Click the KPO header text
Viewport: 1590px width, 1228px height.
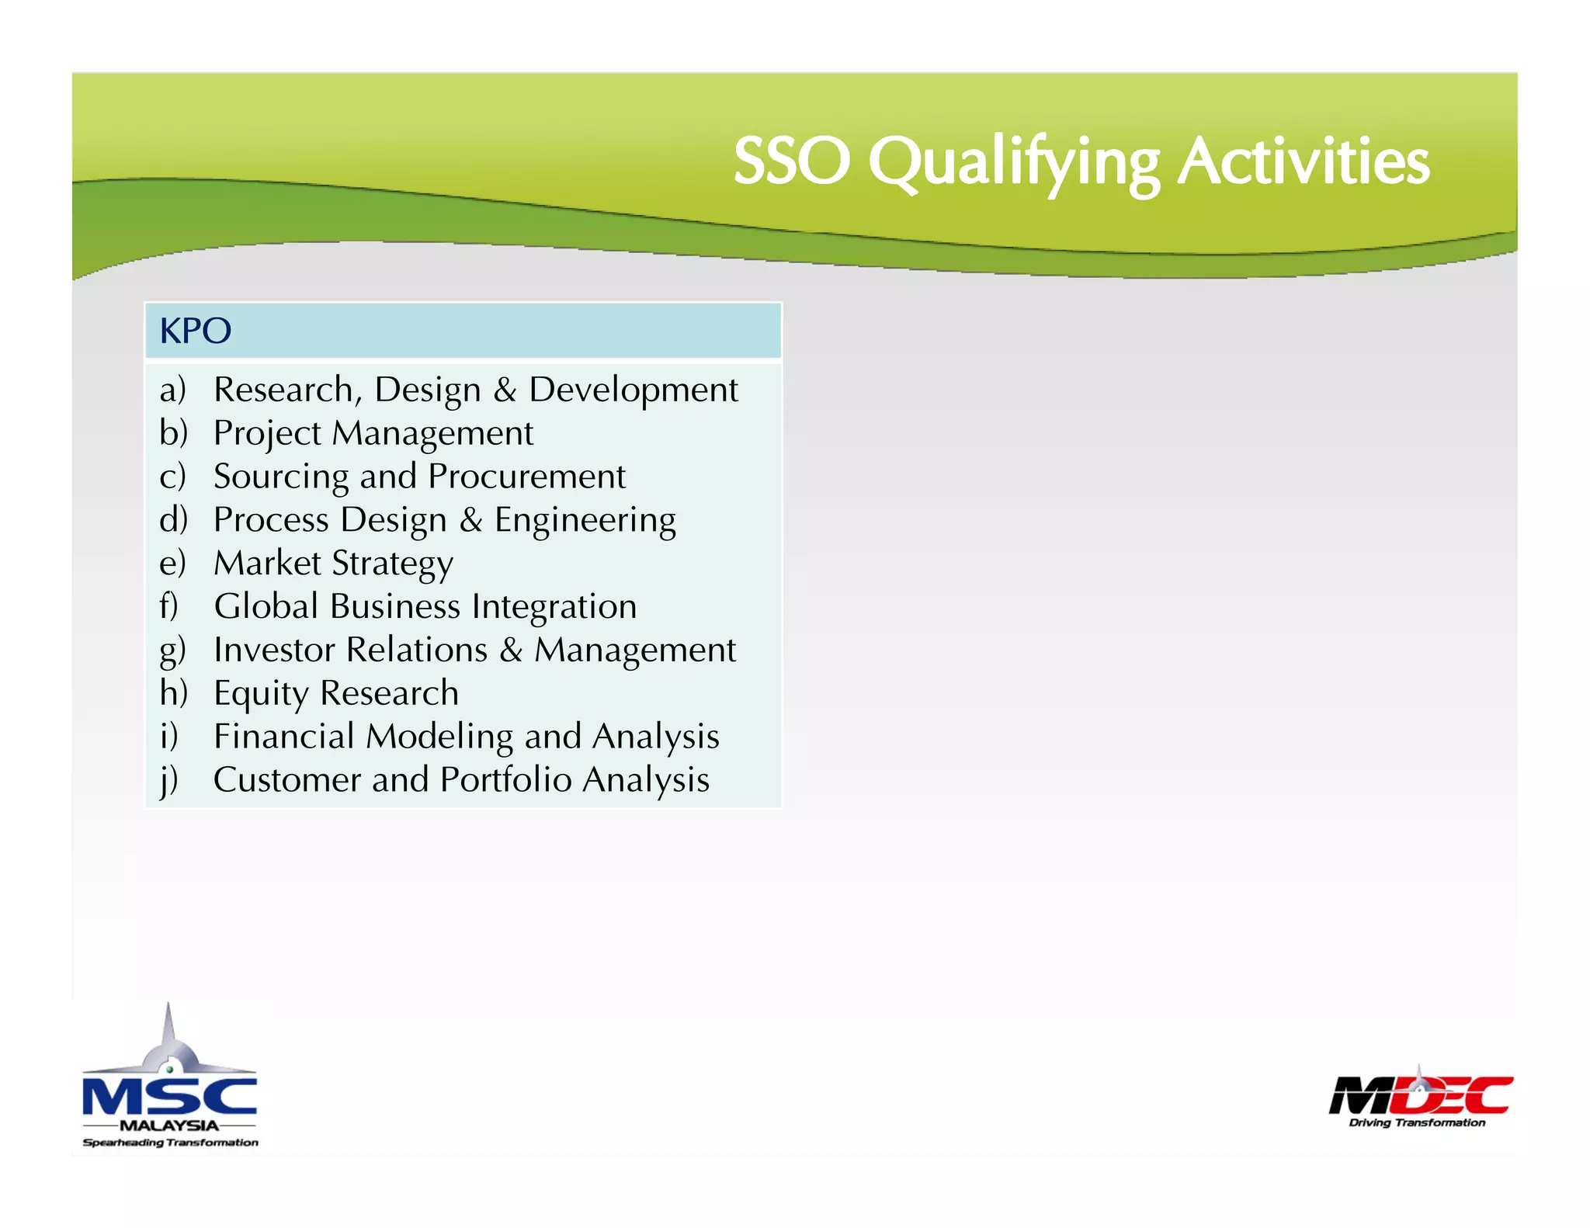pos(195,331)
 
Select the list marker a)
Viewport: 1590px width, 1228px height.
pos(172,390)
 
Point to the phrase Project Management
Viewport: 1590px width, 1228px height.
pos(373,433)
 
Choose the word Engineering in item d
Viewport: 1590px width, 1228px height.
pos(585,520)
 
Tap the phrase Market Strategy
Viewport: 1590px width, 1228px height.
pos(334,564)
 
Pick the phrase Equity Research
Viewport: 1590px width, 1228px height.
pos(336,693)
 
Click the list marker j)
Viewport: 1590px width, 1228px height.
pos(169,780)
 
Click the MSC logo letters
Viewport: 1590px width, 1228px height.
pos(169,1096)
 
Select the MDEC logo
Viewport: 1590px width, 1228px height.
pos(1420,1094)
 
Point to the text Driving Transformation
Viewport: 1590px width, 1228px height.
pos(1417,1122)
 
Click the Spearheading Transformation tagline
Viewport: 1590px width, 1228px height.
pos(170,1143)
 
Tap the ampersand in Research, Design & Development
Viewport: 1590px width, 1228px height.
pos(505,390)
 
